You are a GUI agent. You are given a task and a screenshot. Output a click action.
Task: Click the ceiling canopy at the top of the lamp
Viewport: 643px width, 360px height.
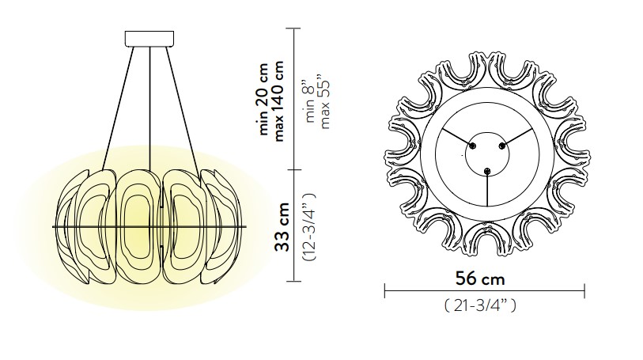[x=149, y=37]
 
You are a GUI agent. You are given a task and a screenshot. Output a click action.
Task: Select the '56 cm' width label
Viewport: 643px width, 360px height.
[x=480, y=279]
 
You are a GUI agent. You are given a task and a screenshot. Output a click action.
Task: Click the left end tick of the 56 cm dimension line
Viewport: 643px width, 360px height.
[x=385, y=292]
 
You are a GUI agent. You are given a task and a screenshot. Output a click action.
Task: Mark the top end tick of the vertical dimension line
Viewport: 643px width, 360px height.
[x=295, y=28]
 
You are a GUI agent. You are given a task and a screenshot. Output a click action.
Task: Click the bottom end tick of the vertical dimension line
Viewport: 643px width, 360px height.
[x=295, y=281]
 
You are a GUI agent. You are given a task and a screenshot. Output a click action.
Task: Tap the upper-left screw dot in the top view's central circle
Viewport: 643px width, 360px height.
[x=474, y=146]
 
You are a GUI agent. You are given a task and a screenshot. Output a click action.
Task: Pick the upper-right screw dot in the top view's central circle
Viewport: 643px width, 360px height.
[x=501, y=146]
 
